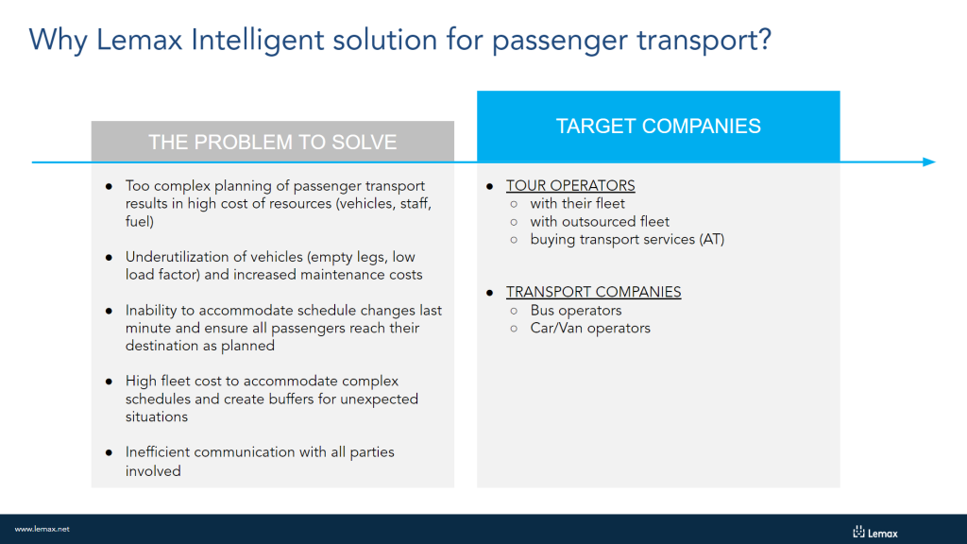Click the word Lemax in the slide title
[140, 41]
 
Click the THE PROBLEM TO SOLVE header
[273, 142]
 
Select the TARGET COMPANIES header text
[658, 126]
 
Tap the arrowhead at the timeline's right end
[929, 162]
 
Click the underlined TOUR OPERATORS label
[570, 186]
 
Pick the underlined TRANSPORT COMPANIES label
[593, 292]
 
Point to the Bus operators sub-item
[575, 310]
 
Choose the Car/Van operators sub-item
[590, 328]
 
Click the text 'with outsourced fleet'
[600, 221]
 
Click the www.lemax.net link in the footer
[42, 529]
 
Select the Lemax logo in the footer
[875, 533]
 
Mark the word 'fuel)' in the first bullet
[140, 221]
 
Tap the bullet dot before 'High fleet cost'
[110, 382]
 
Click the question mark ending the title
[765, 40]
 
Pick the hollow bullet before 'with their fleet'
[514, 204]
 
